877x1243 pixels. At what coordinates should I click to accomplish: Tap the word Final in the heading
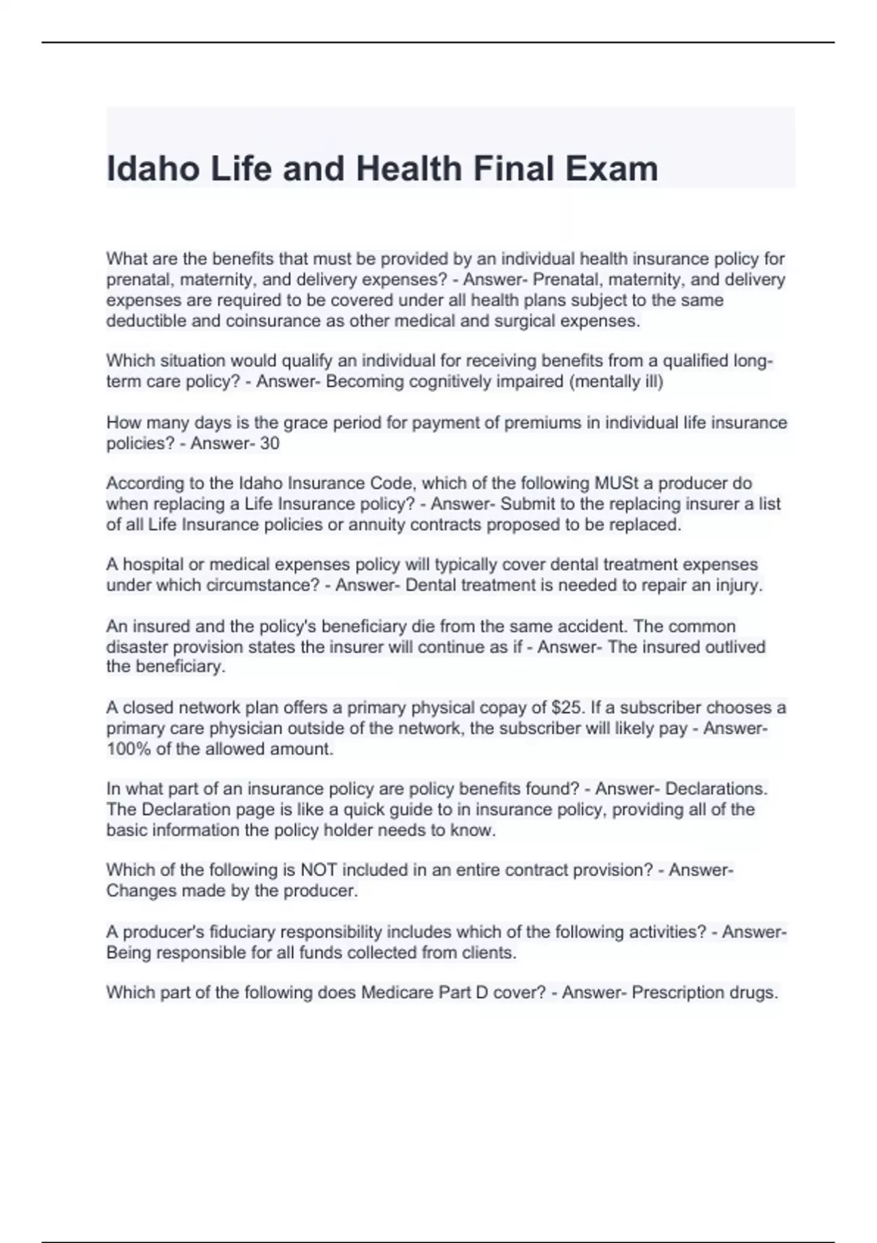tap(514, 168)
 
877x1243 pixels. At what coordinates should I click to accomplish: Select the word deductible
tap(144, 320)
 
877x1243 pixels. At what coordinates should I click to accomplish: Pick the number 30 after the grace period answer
tap(269, 443)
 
